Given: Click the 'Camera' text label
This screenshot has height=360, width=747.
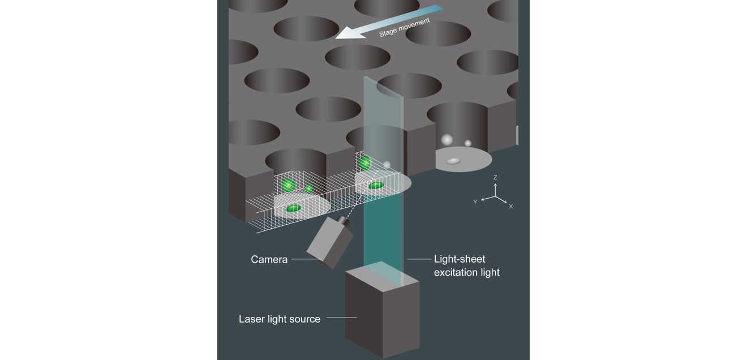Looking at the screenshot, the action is pos(269,259).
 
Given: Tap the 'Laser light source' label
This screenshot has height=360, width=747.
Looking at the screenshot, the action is pos(280,319).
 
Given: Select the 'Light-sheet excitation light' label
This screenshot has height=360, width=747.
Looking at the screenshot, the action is pos(466,265).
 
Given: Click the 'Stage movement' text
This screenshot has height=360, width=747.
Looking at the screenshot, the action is pos(405,27).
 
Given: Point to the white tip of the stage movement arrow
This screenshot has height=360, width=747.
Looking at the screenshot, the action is pos(336,38).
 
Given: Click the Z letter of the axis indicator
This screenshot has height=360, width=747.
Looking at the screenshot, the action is pos(495,177).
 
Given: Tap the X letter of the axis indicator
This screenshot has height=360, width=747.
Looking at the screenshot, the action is pos(510,207).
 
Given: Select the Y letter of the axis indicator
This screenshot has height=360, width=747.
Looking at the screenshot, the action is pos(475,202).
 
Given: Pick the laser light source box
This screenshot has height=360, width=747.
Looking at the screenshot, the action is pos(382,310).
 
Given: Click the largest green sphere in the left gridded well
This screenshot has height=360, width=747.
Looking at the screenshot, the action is pos(288,185).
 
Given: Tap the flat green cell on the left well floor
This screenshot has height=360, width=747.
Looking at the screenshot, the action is pos(294,208).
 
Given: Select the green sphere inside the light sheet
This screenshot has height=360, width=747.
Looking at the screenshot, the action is pos(364,163).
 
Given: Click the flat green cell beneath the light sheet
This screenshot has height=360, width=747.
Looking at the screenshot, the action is pos(376,185).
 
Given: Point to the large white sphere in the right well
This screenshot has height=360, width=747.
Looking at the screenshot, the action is pos(447,139).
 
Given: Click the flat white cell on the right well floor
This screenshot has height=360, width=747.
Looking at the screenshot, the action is pos(453,161).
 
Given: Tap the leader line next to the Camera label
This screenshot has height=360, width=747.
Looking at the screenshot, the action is pos(306,259).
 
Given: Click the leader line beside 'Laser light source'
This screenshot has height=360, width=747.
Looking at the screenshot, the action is pos(342,318).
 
